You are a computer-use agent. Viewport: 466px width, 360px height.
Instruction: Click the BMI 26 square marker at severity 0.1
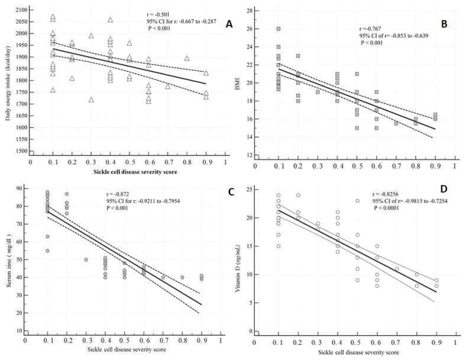[278, 29]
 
